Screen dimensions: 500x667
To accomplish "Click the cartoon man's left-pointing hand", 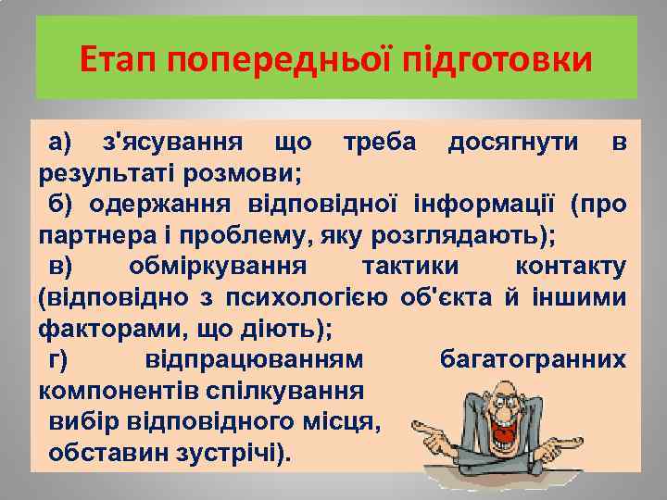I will tap(427, 431).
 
